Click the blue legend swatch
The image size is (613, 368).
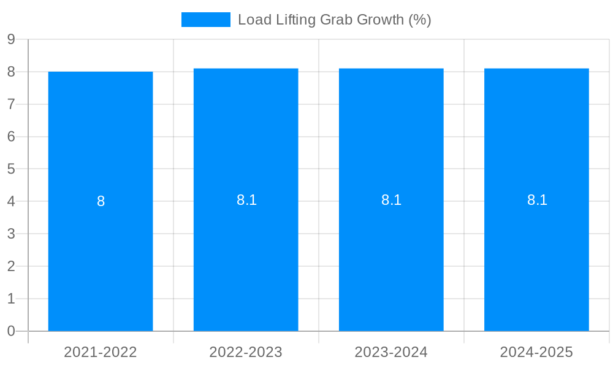pos(206,20)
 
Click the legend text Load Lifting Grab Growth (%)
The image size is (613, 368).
pos(334,20)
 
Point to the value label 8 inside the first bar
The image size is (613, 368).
pos(101,201)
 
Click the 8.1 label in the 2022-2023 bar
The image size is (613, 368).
pos(246,200)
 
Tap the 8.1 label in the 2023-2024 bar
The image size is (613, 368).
pos(391,200)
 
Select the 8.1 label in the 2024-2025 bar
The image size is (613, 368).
pos(537,200)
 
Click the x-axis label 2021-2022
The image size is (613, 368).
pos(101,352)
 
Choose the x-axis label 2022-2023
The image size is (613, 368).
pos(246,352)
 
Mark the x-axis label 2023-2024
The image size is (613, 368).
pos(391,352)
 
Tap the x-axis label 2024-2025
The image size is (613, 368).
pos(536,352)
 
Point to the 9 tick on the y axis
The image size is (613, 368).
pos(11,39)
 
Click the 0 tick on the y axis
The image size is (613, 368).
pos(11,331)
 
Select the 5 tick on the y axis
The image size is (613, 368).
pos(11,169)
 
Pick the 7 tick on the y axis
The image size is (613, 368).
pos(11,104)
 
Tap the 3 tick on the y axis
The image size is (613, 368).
pos(11,234)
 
